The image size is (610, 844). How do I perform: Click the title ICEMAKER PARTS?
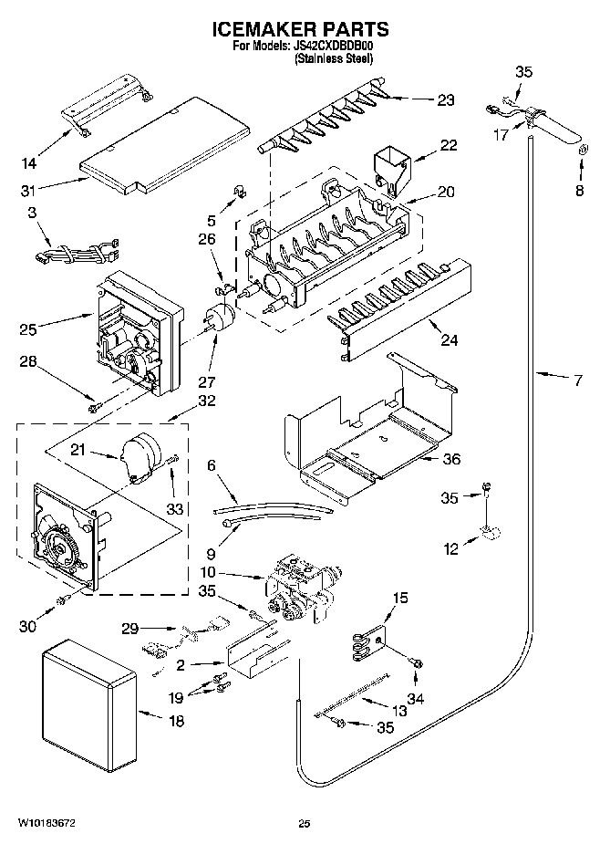click(x=305, y=30)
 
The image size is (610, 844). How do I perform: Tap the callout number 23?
click(x=445, y=100)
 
